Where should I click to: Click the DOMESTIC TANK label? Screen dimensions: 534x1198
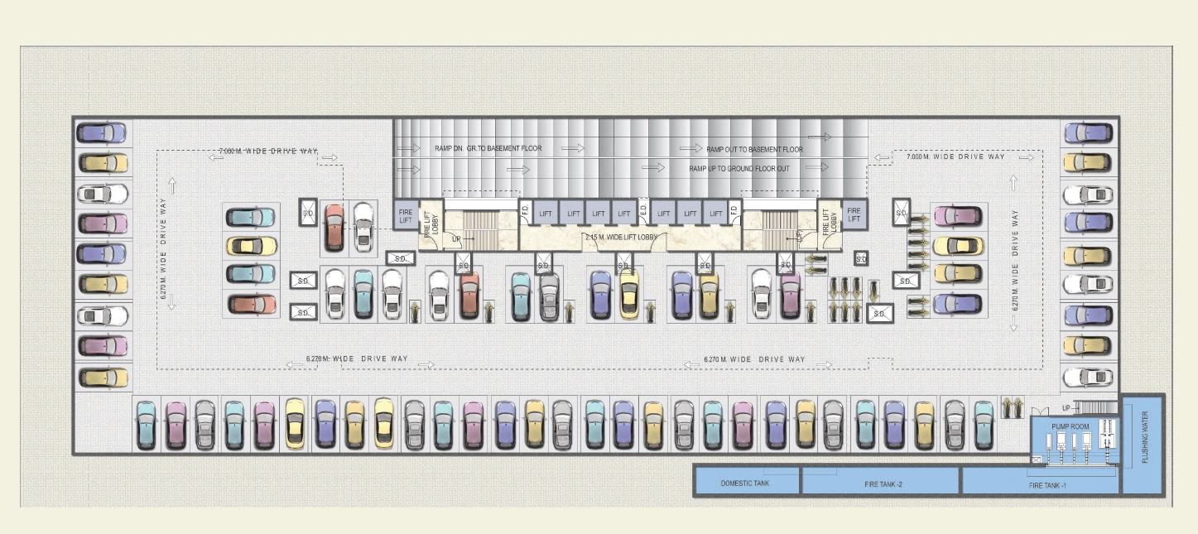pyautogui.click(x=744, y=483)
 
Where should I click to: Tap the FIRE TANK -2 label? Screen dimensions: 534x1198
pyautogui.click(x=883, y=483)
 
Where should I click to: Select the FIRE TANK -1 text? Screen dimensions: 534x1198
pyautogui.click(x=1046, y=485)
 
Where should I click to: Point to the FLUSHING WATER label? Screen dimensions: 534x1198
pyautogui.click(x=1145, y=437)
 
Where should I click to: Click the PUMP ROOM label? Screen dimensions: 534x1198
pyautogui.click(x=1070, y=426)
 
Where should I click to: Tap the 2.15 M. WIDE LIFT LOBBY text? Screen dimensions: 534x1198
pyautogui.click(x=621, y=238)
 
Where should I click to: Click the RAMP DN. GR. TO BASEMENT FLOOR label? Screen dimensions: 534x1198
pyautogui.click(x=488, y=149)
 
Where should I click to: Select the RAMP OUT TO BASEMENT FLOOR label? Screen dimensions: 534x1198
pyautogui.click(x=754, y=150)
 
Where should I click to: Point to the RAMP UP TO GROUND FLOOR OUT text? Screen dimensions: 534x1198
pyautogui.click(x=739, y=169)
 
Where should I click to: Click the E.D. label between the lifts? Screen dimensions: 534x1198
pyautogui.click(x=643, y=211)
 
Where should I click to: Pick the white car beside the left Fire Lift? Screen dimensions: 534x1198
pyautogui.click(x=363, y=227)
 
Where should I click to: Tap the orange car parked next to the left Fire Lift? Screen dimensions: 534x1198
pyautogui.click(x=334, y=227)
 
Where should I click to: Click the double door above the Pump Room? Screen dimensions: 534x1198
pyautogui.click(x=1040, y=411)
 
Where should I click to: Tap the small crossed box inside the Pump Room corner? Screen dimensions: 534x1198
pyautogui.click(x=1037, y=459)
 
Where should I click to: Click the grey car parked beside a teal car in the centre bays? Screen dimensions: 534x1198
pyautogui.click(x=549, y=296)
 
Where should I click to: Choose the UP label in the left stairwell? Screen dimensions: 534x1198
pyautogui.click(x=456, y=239)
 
